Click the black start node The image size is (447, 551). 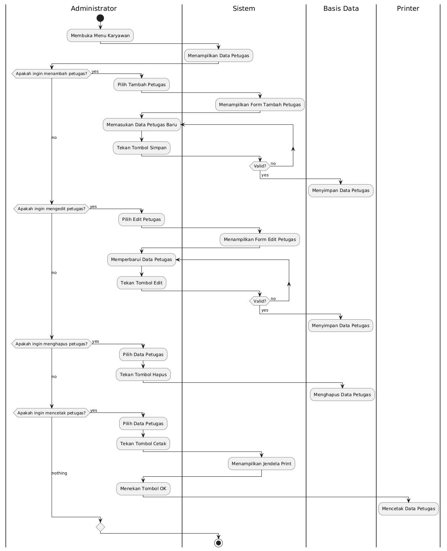tap(100, 18)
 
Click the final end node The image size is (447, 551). tap(218, 543)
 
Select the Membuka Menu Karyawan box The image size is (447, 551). tap(100, 35)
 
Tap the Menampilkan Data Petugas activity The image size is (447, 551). tap(219, 56)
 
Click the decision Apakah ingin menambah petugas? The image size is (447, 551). tap(52, 74)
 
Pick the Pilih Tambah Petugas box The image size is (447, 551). tap(141, 85)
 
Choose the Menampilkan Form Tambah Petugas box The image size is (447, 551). tap(260, 104)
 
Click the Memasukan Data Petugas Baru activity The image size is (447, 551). tap(142, 125)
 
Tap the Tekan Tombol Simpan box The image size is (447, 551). tap(141, 148)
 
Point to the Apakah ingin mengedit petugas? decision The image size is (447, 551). tap(52, 209)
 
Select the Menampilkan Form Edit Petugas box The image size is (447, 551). tap(260, 239)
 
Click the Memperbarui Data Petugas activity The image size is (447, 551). tap(141, 260)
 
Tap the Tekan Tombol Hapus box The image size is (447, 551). tap(143, 375)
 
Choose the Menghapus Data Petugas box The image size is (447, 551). tap(342, 394)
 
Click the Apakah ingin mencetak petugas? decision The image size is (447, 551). tap(52, 413)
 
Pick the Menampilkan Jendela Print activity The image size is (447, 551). tap(261, 464)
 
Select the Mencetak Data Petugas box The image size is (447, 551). tap(408, 509)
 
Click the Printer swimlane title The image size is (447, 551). tap(408, 9)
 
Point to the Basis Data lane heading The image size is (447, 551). tap(341, 9)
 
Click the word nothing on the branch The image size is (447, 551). tap(59, 473)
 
